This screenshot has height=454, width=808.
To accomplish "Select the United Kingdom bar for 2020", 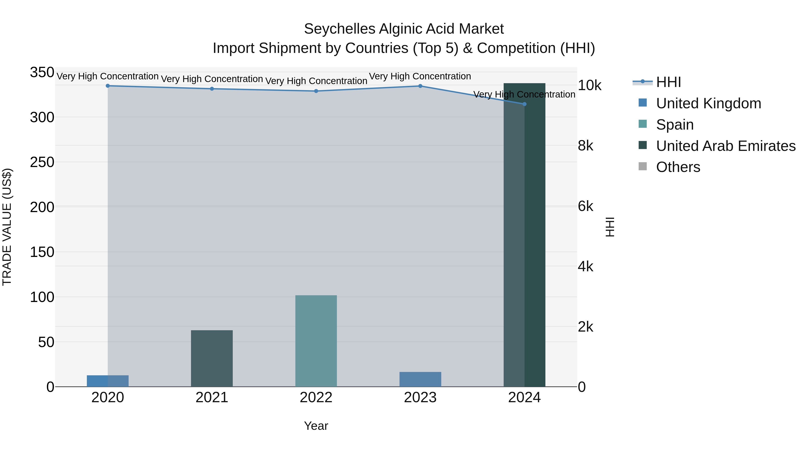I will pyautogui.click(x=108, y=381).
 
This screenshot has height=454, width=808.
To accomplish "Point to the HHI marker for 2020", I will pyautogui.click(x=108, y=86).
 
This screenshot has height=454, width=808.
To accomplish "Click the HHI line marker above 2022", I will pyautogui.click(x=316, y=91).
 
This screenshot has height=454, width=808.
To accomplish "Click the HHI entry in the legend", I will pyautogui.click(x=668, y=82).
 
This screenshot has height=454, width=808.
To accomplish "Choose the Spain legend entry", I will pyautogui.click(x=674, y=125).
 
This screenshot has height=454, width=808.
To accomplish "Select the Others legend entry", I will pyautogui.click(x=678, y=167).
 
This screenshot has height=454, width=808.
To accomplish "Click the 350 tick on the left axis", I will pyautogui.click(x=42, y=72).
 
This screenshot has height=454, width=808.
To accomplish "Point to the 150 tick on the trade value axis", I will pyautogui.click(x=42, y=252).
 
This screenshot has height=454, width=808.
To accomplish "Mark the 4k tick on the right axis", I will pyautogui.click(x=585, y=267).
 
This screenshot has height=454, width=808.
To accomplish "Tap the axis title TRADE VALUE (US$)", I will pyautogui.click(x=7, y=227).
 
